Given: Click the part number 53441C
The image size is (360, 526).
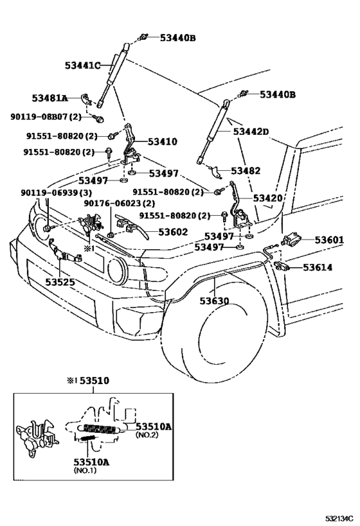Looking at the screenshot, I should (x=83, y=65).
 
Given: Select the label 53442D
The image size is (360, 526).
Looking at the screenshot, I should (x=251, y=132).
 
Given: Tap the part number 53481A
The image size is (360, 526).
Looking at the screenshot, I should (x=50, y=98).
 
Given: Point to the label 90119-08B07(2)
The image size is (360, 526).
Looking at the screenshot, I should (x=46, y=117).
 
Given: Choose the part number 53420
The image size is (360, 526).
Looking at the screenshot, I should (x=267, y=198).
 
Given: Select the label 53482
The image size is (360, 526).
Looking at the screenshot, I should (x=246, y=171).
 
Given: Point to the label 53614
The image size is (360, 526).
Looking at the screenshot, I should (x=318, y=267).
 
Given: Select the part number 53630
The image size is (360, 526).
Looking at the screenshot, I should (x=215, y=301).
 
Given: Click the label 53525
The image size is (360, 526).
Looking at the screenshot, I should (x=60, y=281).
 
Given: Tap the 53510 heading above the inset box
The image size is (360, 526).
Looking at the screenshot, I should (x=95, y=381).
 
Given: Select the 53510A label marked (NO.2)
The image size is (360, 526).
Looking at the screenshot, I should (x=153, y=425).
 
